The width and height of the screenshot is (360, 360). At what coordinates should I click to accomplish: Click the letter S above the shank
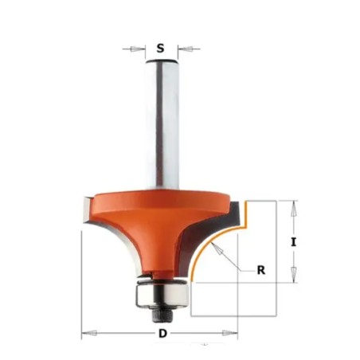pos(160,49)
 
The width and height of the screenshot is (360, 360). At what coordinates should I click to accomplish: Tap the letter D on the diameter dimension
pos(162,334)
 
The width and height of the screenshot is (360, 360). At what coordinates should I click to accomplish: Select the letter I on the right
pos(293,242)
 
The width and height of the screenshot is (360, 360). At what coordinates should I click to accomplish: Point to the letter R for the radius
pos(261,270)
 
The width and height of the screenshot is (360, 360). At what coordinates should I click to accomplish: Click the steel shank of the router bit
pos(162,125)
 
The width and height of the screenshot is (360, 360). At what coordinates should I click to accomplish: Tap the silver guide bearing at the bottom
pos(162,295)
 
